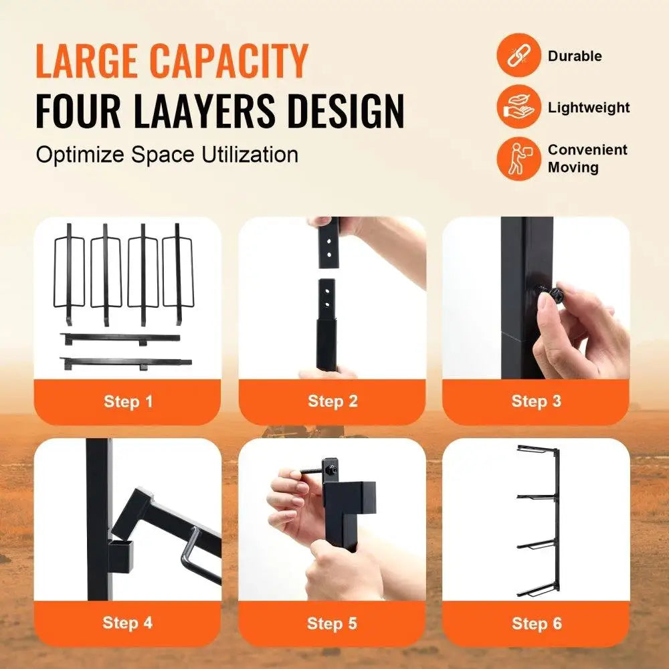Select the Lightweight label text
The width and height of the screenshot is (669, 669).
point(589,107)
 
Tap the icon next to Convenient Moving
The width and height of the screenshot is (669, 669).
point(518,158)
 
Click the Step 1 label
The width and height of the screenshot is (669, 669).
point(128,401)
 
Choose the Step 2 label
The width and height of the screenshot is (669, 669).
point(332,401)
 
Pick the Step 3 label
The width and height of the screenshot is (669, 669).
point(536,401)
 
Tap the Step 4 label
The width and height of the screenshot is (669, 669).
point(128,623)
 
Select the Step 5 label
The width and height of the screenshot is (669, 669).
point(332,624)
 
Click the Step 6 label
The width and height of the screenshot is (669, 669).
point(536,624)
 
